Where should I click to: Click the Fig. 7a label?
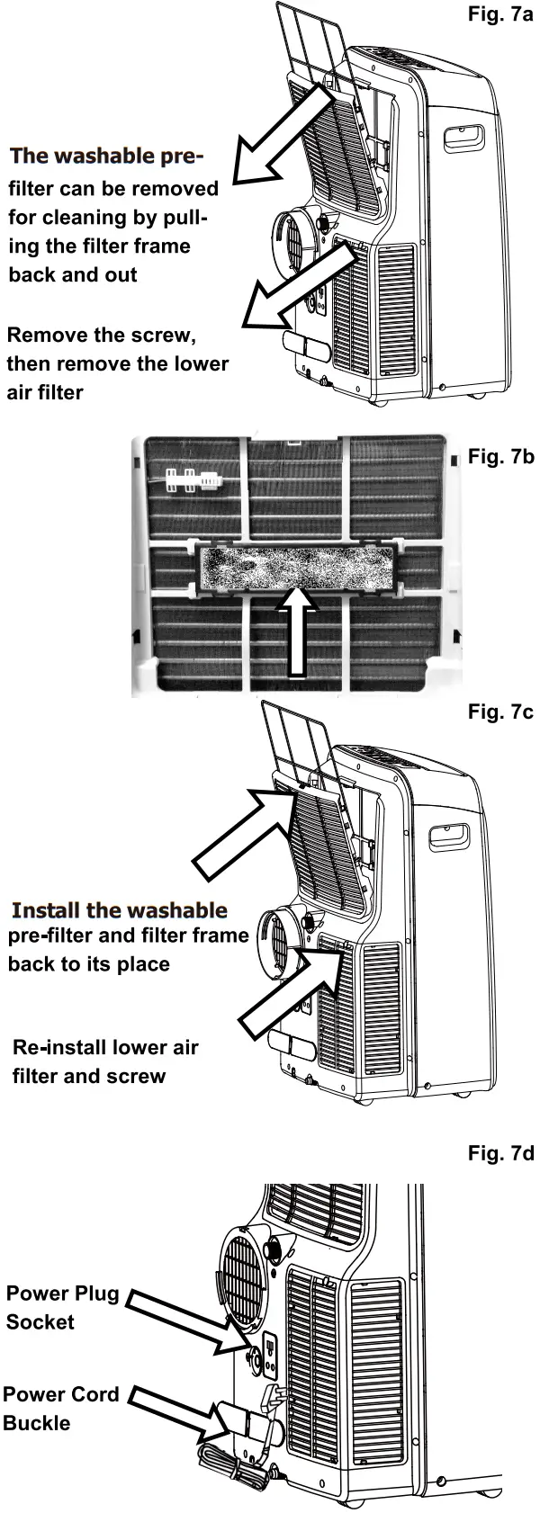(x=500, y=15)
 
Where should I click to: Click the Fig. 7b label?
(x=500, y=456)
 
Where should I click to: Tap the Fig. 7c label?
(x=500, y=712)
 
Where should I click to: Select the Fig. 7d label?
(x=500, y=1152)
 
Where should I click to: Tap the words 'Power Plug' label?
(x=62, y=1294)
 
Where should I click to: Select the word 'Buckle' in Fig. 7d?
(x=36, y=1423)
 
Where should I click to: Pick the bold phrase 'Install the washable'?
(x=119, y=909)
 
